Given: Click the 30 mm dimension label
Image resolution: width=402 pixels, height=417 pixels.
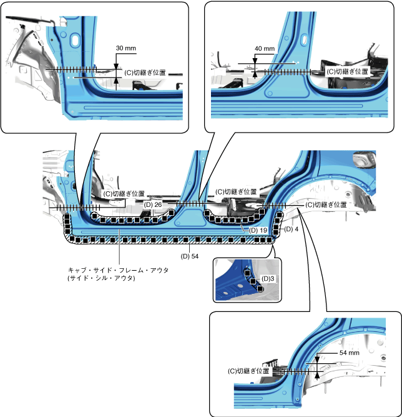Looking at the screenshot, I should point(125,48).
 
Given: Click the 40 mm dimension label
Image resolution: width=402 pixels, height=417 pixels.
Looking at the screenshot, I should point(265,49).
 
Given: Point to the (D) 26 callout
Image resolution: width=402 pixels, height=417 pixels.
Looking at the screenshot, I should point(153,204).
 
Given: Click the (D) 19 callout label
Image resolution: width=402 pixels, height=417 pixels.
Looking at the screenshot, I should point(258,231).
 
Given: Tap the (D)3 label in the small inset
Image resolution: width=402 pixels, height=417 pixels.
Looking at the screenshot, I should point(269,278).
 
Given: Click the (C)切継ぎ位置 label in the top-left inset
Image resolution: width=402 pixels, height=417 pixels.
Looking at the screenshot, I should point(145,73).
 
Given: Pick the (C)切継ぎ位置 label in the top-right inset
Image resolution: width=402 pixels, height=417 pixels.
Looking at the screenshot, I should point(347,71).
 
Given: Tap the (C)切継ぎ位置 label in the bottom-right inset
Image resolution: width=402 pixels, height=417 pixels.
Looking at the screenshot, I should point(249,371).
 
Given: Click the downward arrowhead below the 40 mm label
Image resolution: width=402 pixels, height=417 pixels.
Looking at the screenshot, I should point(255,63).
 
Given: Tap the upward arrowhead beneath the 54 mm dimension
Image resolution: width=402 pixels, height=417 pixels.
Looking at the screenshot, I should point(318,376).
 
